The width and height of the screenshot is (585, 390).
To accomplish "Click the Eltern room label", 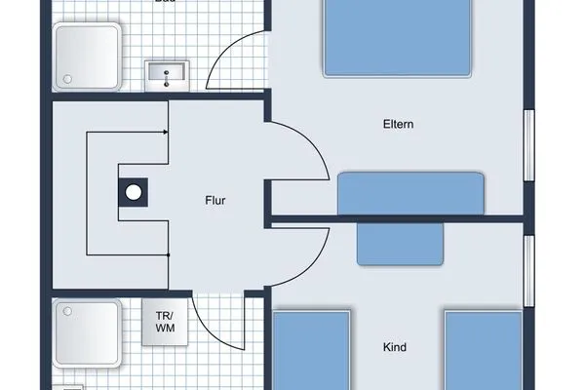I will (x=401, y=125).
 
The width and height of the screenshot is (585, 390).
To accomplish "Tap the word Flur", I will (x=215, y=202).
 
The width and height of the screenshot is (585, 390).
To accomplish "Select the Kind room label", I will (x=395, y=347).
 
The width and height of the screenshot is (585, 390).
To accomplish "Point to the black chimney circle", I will (x=132, y=192).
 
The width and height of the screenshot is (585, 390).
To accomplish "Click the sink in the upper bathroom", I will (x=167, y=72).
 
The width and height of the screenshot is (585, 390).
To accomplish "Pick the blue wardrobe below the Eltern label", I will (x=411, y=193).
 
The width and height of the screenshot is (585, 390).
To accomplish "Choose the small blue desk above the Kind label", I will (x=400, y=243).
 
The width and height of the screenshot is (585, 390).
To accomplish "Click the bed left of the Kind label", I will (x=311, y=351).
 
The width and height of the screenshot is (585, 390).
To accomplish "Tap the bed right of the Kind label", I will (x=484, y=351).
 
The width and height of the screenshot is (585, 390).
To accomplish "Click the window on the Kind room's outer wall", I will (x=531, y=268).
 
